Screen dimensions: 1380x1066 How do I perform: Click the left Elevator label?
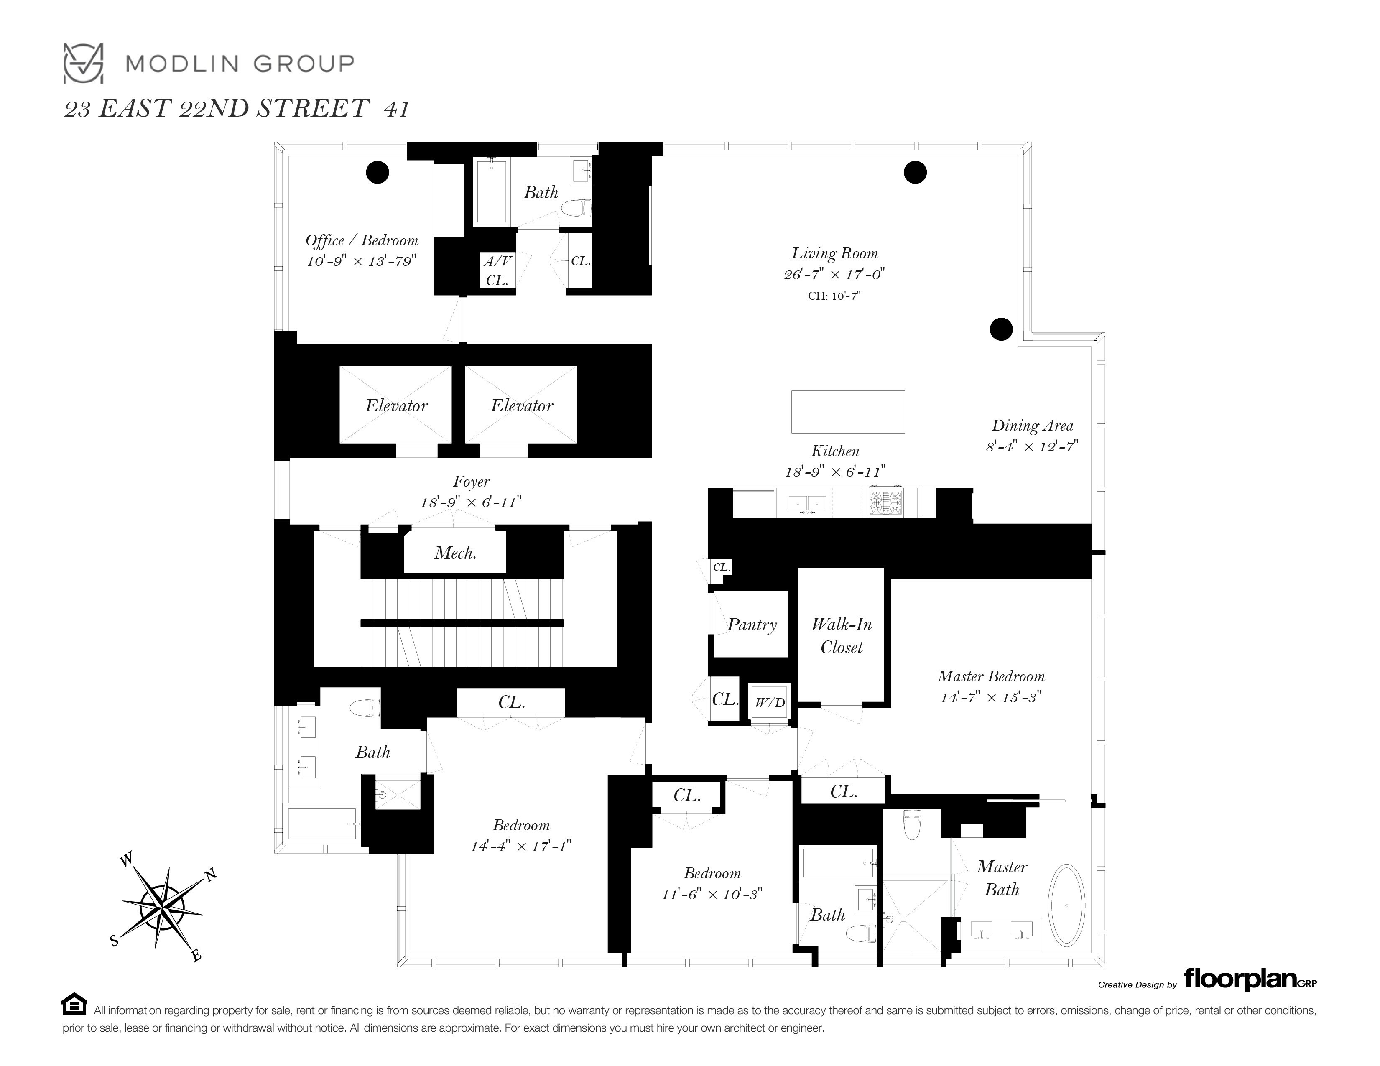click(396, 405)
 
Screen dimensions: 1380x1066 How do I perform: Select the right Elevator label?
click(521, 405)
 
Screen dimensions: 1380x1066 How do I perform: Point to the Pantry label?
click(751, 625)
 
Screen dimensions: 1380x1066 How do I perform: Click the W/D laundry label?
click(770, 702)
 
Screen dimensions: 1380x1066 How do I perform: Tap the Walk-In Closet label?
click(842, 636)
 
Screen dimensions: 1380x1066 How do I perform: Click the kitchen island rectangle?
click(848, 412)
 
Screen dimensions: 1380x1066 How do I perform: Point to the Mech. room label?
click(455, 553)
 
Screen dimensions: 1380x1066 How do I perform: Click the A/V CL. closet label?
click(497, 270)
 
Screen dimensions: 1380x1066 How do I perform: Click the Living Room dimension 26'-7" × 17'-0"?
click(834, 274)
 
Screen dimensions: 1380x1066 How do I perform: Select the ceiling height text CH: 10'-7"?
click(834, 296)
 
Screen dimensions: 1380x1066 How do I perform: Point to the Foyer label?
click(472, 482)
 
